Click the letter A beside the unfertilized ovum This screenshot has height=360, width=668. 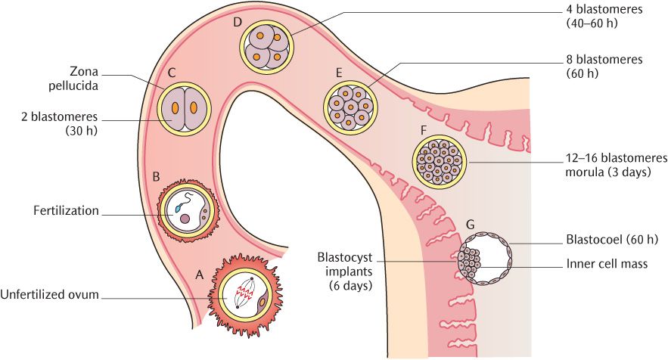(x=200, y=276)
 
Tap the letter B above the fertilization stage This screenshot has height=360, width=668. (x=157, y=177)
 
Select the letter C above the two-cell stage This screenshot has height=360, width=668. (x=172, y=73)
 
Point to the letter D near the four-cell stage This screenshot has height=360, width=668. (x=238, y=22)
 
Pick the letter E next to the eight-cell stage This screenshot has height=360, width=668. (x=340, y=73)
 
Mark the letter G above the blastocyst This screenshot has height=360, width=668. (x=471, y=225)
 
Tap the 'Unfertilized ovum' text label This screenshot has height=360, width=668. (x=50, y=294)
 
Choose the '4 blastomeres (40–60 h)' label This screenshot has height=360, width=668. (x=603, y=17)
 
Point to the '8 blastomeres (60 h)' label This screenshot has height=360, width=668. (x=604, y=67)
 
